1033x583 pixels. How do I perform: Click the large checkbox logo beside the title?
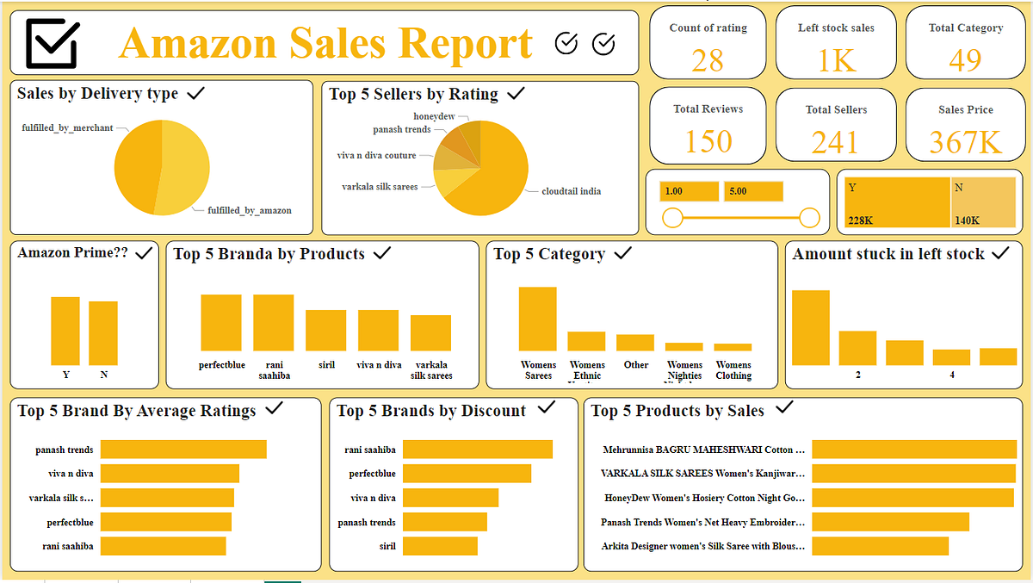click(53, 42)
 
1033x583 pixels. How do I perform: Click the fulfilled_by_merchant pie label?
click(67, 128)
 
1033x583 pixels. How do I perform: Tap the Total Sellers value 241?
click(835, 141)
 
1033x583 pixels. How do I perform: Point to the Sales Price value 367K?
click(966, 141)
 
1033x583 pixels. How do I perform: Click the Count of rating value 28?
click(708, 60)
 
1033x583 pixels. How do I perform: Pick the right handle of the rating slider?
click(809, 218)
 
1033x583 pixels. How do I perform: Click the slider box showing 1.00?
click(689, 191)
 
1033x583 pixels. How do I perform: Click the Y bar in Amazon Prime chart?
click(65, 331)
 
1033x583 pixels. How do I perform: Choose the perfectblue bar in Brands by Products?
click(221, 323)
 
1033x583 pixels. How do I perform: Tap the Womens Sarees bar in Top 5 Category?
click(537, 319)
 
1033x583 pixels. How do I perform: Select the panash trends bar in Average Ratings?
click(183, 450)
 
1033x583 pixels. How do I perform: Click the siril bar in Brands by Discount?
click(440, 546)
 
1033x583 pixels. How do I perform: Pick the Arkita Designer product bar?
click(880, 546)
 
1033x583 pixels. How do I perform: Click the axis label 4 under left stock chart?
click(951, 375)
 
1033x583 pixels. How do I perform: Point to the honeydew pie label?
click(434, 116)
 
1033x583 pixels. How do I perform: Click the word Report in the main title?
click(464, 43)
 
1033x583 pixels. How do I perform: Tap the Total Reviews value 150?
click(708, 141)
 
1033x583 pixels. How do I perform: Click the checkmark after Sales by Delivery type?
click(195, 93)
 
